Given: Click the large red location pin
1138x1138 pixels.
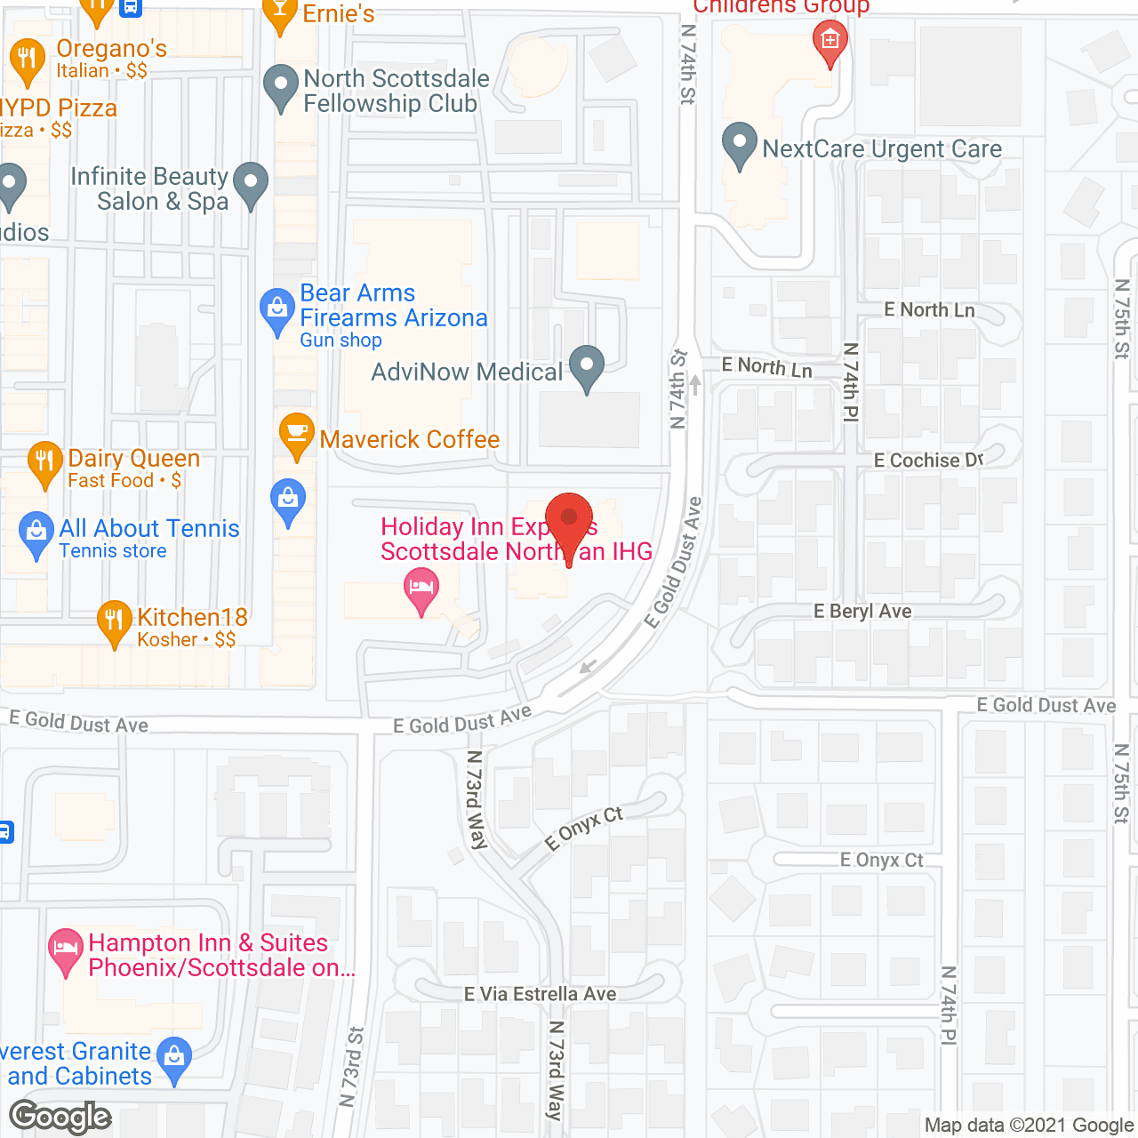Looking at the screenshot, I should [x=568, y=521].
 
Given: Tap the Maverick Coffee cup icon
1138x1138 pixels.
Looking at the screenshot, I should [x=296, y=434].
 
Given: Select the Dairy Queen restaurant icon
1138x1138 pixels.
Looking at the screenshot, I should [x=44, y=461].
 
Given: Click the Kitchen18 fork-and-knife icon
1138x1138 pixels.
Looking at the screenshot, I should [x=114, y=621].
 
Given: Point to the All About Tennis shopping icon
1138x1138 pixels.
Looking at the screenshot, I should [x=36, y=533].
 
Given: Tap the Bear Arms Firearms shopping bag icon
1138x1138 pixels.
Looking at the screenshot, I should [x=276, y=309].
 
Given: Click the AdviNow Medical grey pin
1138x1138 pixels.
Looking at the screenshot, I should [x=586, y=366].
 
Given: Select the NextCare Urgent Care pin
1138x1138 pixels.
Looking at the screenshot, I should [x=739, y=144].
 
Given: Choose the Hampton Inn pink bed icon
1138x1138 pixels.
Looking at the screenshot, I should [x=65, y=949].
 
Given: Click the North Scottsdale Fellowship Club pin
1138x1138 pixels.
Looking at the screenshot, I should [x=281, y=87].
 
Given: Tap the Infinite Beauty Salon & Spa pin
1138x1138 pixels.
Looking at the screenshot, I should [x=251, y=184].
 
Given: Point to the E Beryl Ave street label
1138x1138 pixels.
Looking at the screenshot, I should [x=862, y=612].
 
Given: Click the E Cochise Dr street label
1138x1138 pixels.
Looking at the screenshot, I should [x=928, y=461].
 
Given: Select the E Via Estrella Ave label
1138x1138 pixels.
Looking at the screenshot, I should [x=540, y=994].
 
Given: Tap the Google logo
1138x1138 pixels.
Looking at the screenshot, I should [x=60, y=1117].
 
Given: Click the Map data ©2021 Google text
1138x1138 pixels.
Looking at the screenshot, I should [x=1029, y=1126].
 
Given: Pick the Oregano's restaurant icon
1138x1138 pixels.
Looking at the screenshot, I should [x=27, y=60].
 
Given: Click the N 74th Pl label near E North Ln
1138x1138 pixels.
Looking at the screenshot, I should [x=851, y=381].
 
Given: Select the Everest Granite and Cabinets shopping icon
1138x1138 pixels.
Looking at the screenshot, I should [x=174, y=1058].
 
